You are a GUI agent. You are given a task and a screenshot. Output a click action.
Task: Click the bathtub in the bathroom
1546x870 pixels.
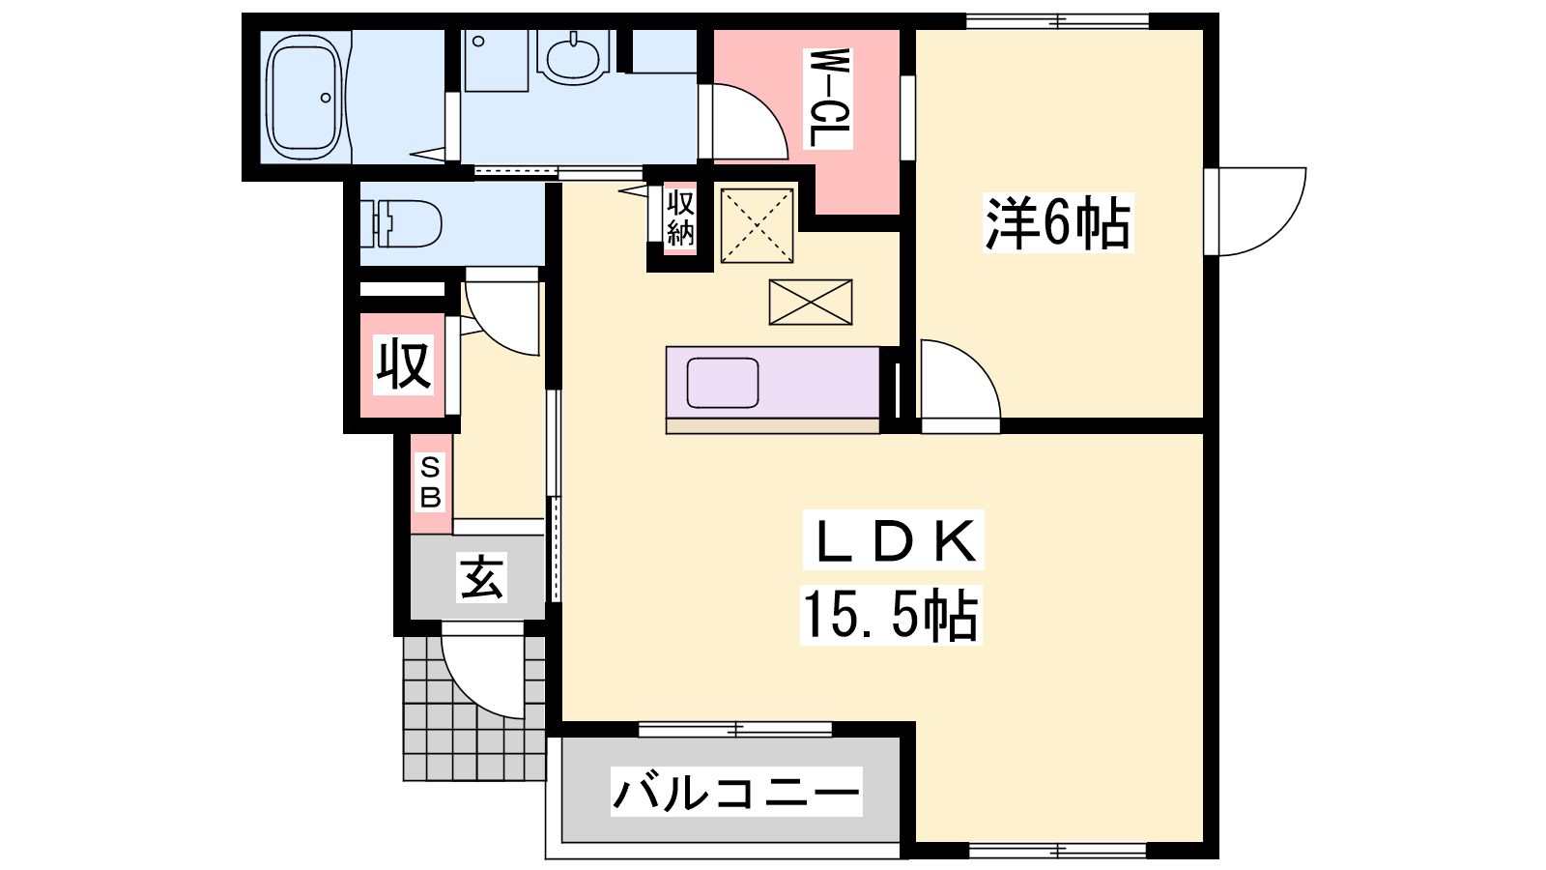pos(304,96)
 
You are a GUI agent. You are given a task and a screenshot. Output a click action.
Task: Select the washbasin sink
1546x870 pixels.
pos(572,58)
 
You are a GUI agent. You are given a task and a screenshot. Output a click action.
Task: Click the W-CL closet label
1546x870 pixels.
pos(828,99)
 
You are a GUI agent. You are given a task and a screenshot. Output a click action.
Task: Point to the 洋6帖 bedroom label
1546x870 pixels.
pos(1058,223)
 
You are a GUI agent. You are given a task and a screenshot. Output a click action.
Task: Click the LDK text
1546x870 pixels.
pos(894,540)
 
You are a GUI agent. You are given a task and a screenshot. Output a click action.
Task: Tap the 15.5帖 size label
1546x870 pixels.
pos(891,615)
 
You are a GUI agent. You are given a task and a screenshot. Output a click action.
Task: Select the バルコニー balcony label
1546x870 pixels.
pos(736,792)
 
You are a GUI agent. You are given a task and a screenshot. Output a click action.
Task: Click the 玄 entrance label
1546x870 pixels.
pos(482,577)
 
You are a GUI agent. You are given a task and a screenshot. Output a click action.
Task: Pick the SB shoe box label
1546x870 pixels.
pos(430,483)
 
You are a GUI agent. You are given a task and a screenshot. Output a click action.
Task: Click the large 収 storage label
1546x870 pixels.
pos(404,364)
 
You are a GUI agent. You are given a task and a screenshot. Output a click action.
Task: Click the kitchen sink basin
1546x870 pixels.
pos(723,383)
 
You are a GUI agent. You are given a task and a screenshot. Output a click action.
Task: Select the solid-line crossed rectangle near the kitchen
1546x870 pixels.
pos(811,302)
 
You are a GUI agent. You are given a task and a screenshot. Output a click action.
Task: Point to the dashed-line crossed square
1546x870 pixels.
pos(758,226)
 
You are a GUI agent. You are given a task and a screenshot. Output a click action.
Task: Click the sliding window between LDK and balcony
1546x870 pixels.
pos(735,729)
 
